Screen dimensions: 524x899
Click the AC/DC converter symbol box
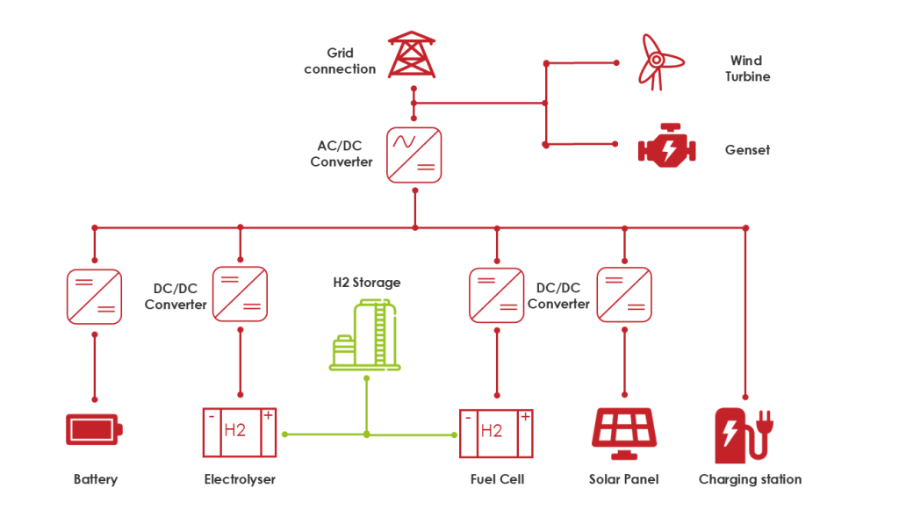tap(414, 155)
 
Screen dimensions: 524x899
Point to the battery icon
tap(94, 430)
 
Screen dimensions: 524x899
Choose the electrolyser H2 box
tap(239, 432)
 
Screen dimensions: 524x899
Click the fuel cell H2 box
tap(496, 432)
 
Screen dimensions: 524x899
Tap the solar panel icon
tap(623, 432)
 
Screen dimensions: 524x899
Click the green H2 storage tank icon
tap(364, 334)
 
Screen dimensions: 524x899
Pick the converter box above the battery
tap(94, 296)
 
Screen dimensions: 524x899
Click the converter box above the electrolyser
tap(240, 293)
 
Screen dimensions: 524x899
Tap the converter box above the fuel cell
tap(496, 294)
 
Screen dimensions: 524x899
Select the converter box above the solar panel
tap(623, 294)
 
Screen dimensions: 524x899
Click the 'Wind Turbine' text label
tap(747, 68)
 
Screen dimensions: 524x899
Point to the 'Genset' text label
tap(747, 150)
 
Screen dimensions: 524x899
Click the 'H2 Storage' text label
tap(366, 283)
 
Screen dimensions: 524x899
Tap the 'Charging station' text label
tap(750, 479)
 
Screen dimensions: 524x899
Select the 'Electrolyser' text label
tap(240, 479)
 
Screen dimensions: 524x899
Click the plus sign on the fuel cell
tap(525, 416)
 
